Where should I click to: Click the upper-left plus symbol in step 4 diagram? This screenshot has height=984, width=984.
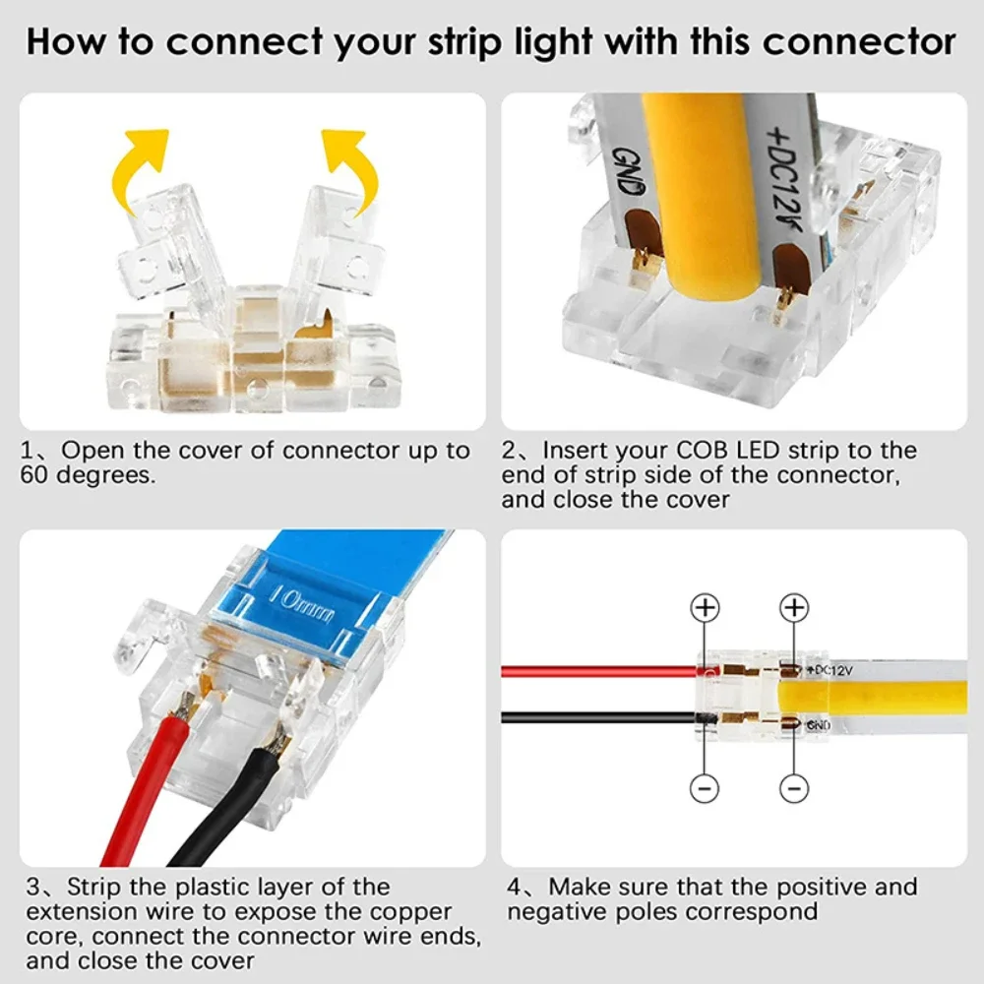coord(705,608)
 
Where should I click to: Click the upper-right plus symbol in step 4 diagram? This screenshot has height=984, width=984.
coord(794,608)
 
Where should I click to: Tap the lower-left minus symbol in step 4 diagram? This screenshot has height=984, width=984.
coord(705,787)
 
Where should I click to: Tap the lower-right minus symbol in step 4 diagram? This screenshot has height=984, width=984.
coord(794,787)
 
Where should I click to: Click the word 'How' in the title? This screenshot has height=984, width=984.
coord(66,42)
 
